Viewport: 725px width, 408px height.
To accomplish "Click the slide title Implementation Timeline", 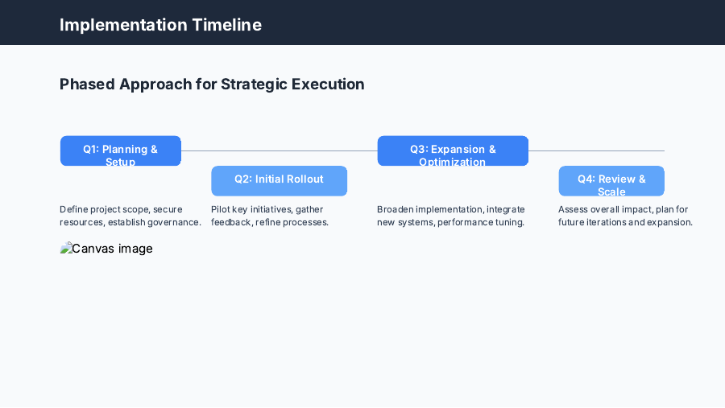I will tap(160, 25).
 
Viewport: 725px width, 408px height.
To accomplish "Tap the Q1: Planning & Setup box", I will tap(120, 150).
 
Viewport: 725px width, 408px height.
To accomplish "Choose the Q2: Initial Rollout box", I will tap(279, 180).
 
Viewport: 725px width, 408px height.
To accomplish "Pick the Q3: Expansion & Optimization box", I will tap(452, 150).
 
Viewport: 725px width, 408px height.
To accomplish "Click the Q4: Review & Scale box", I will tap(611, 180).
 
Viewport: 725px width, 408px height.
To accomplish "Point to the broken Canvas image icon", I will tap(66, 249).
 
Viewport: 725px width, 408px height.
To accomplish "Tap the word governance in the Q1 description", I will tap(175, 222).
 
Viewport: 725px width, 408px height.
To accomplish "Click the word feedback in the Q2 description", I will tap(230, 222).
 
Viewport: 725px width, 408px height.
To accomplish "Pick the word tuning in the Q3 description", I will tap(509, 222).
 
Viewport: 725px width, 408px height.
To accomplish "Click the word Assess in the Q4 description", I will tap(574, 209).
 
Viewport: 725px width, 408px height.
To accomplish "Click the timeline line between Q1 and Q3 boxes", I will tap(279, 150).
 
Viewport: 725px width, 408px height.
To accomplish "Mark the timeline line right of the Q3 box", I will tap(596, 150).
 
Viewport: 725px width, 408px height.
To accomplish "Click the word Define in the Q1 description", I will tap(73, 209).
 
